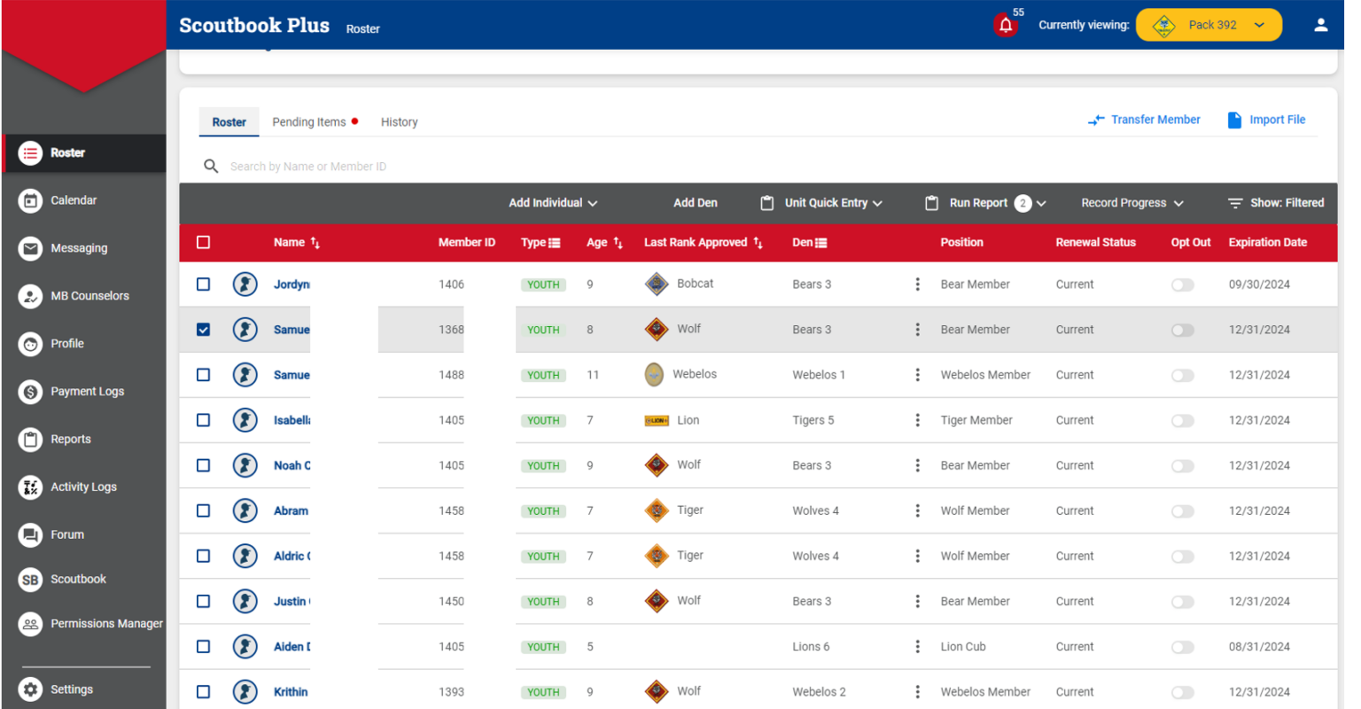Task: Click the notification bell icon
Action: (x=1005, y=26)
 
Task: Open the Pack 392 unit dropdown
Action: (x=1209, y=25)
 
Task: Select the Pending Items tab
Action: (x=309, y=122)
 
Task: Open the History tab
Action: (x=399, y=122)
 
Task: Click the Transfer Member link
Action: (x=1145, y=120)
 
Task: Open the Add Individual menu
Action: (x=553, y=203)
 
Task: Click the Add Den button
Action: (x=695, y=203)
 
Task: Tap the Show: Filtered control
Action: (x=1276, y=203)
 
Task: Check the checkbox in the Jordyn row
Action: (x=204, y=284)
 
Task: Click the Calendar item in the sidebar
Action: (x=74, y=200)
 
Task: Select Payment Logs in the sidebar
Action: (x=87, y=392)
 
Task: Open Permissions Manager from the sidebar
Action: (x=106, y=624)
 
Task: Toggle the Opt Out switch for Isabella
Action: (x=1183, y=421)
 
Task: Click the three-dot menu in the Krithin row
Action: (x=917, y=692)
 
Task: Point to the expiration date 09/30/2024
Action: (x=1259, y=284)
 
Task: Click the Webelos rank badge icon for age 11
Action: (x=654, y=375)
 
